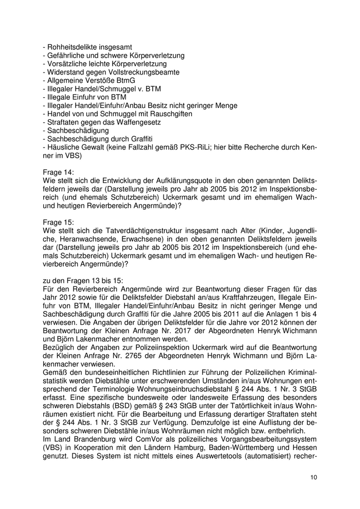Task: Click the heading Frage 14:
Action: pyautogui.click(x=59, y=172)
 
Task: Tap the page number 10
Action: pyautogui.click(x=314, y=477)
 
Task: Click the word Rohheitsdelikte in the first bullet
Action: pyautogui.click(x=69, y=47)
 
